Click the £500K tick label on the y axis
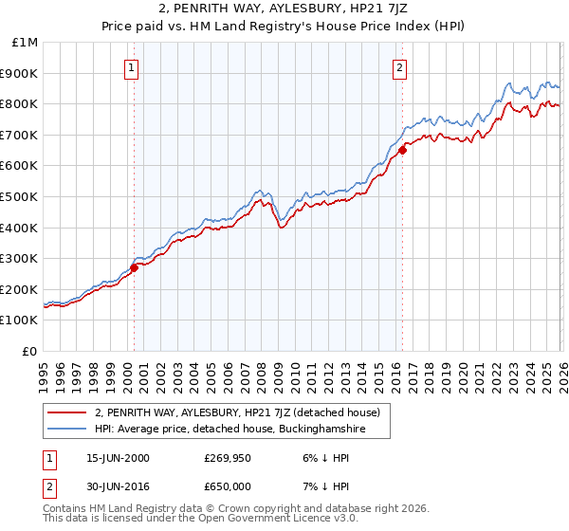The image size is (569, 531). pyautogui.click(x=21, y=197)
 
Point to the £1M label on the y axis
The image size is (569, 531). pyautogui.click(x=26, y=43)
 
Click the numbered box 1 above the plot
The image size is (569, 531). pyautogui.click(x=130, y=67)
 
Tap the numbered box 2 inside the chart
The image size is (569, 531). pyautogui.click(x=400, y=67)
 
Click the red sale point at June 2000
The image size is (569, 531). pyautogui.click(x=135, y=267)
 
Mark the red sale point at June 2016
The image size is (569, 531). pyautogui.click(x=402, y=150)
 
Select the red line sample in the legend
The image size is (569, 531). pyautogui.click(x=67, y=412)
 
